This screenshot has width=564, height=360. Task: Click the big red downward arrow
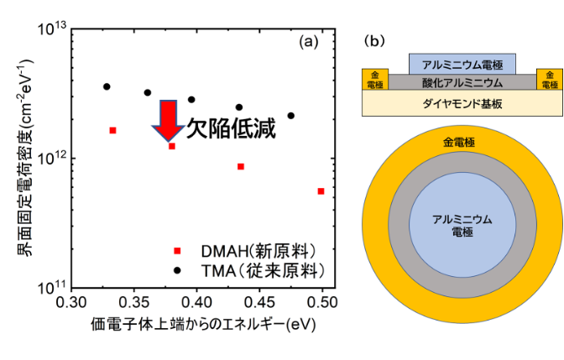169,119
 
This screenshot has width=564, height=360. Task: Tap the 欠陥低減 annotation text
231,131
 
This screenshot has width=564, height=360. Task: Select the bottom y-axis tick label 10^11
52,287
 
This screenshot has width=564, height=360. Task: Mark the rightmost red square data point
321,191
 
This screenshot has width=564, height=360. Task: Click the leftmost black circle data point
107,86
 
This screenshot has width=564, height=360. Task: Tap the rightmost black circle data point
291,116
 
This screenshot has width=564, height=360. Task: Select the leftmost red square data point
112,130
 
